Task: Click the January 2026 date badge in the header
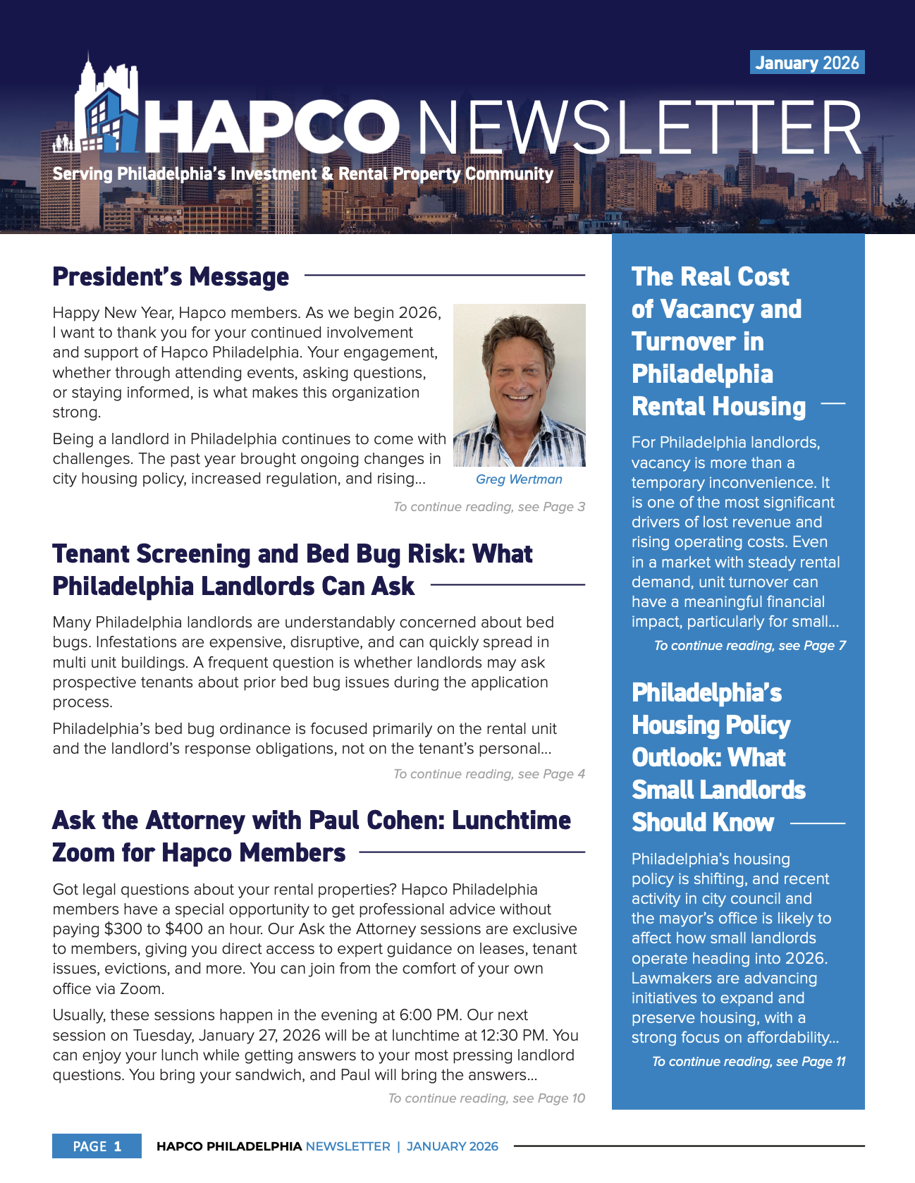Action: (806, 63)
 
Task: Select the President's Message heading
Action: (171, 276)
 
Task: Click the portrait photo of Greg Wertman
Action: (519, 385)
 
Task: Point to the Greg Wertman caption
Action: (519, 479)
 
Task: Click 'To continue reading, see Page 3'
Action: (489, 507)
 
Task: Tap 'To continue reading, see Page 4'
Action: (489, 774)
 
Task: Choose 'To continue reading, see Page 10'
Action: (486, 1098)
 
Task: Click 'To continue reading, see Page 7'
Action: (750, 646)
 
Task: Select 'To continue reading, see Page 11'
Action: (749, 1062)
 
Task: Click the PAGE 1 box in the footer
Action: (97, 1146)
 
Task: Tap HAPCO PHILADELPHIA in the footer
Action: (229, 1146)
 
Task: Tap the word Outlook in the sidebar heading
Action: (675, 758)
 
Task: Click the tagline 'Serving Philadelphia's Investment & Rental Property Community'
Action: (303, 173)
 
